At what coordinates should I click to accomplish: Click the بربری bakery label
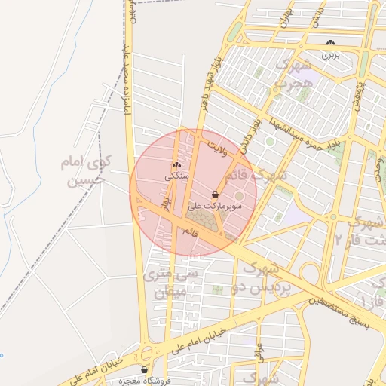[332, 54]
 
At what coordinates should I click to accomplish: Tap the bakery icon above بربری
[332, 43]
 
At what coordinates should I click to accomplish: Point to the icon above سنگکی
[176, 165]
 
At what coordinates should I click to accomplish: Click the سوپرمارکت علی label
[216, 204]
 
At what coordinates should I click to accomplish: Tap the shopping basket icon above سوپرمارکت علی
[216, 194]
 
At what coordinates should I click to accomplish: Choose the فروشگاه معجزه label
[145, 381]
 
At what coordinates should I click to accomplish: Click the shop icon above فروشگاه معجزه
[145, 370]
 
